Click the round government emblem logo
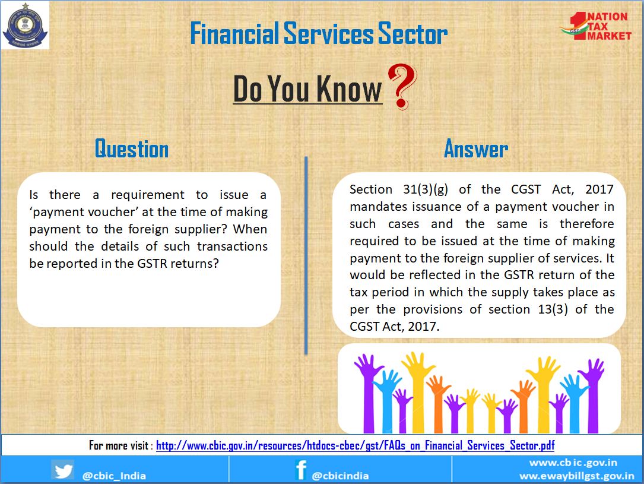click(25, 25)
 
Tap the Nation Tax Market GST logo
click(595, 26)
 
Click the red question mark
click(402, 86)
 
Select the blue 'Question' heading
click(132, 148)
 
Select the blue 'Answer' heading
click(476, 148)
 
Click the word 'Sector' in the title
click(413, 34)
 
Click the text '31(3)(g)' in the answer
click(426, 189)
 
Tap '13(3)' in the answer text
click(553, 309)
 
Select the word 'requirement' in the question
click(148, 195)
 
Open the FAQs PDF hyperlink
click(356, 446)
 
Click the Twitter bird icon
click(63, 470)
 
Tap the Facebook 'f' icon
click(301, 470)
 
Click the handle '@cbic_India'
click(114, 476)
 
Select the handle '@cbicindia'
click(340, 476)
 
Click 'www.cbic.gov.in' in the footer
click(573, 463)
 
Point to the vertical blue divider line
click(306, 255)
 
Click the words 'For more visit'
click(119, 446)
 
